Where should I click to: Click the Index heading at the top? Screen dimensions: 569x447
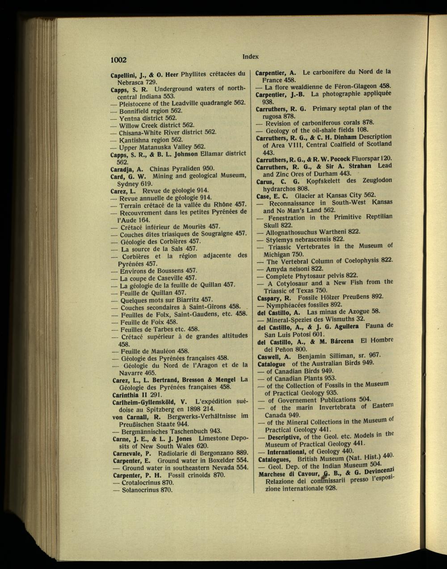[250, 57]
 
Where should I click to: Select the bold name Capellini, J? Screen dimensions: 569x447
[127, 75]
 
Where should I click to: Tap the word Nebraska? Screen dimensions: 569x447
[131, 82]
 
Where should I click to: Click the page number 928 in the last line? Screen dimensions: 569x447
[331, 489]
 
